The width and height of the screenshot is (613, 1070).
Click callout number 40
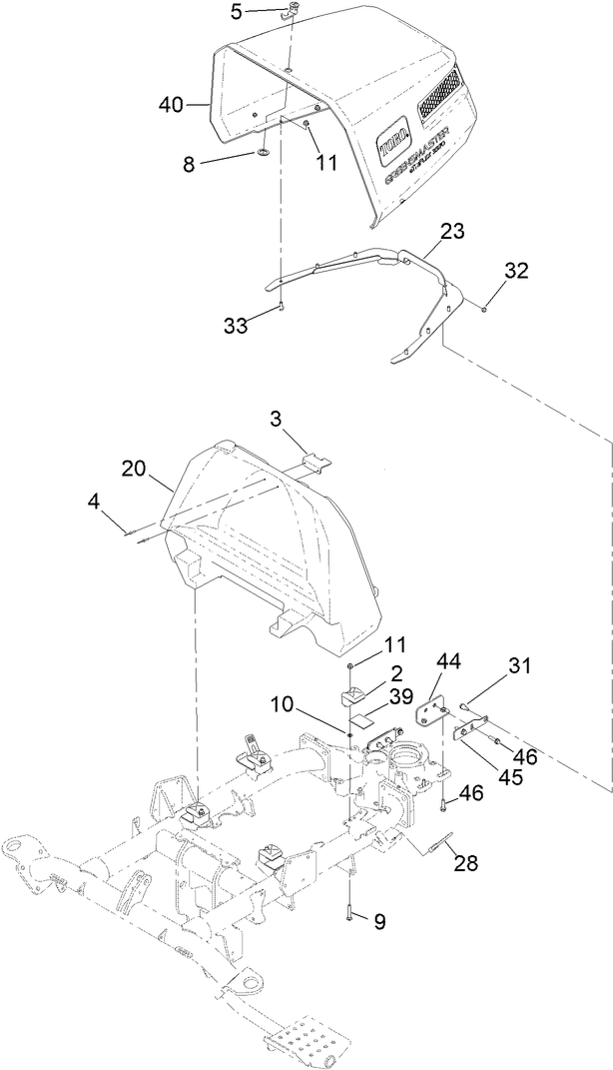coord(173,104)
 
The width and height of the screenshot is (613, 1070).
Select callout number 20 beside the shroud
coord(135,467)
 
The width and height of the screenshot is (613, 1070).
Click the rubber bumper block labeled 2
coord(355,695)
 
